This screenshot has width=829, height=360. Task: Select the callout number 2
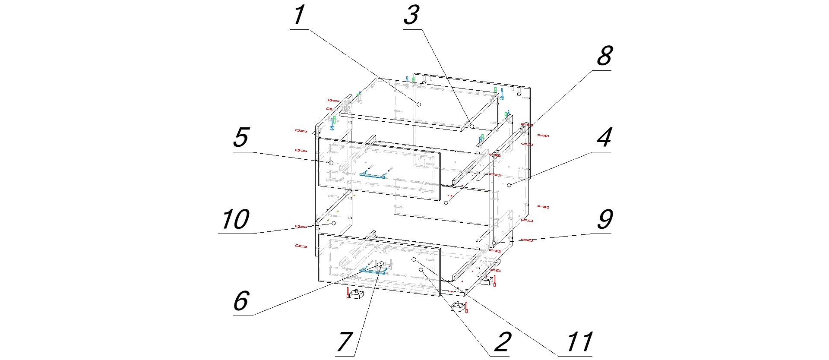(502, 342)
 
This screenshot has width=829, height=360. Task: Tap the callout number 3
(411, 15)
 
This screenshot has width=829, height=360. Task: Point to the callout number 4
(604, 138)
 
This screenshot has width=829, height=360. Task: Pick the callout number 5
(241, 138)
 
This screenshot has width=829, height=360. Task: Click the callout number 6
(241, 301)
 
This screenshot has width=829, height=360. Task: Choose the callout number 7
(345, 342)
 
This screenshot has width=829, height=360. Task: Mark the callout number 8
(604, 56)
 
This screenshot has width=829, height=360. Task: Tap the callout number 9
(604, 220)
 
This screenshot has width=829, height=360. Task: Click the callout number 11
(579, 342)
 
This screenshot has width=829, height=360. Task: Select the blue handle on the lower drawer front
(373, 271)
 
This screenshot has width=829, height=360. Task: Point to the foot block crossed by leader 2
(458, 306)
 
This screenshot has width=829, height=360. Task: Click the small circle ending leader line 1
(418, 104)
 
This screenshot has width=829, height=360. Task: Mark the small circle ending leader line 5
(331, 163)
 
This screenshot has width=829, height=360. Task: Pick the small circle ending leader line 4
(509, 185)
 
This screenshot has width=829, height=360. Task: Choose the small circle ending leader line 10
(333, 223)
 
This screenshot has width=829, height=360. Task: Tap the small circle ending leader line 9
(493, 243)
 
